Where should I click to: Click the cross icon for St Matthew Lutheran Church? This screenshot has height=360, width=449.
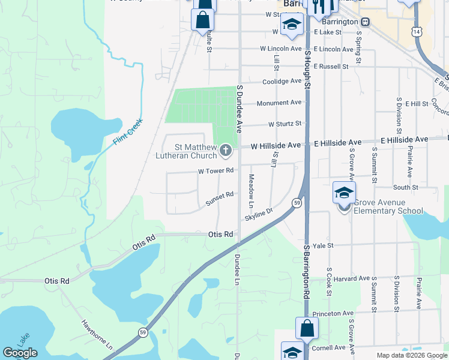pyautogui.click(x=226, y=151)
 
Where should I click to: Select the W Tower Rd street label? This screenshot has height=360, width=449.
pyautogui.click(x=215, y=171)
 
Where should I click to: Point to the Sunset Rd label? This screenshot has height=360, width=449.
pyautogui.click(x=219, y=198)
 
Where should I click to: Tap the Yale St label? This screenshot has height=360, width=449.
pyautogui.click(x=322, y=245)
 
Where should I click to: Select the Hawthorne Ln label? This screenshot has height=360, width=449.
pyautogui.click(x=97, y=335)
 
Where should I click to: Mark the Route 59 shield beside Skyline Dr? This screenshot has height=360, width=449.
pyautogui.click(x=297, y=203)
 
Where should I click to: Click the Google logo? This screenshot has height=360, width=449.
pyautogui.click(x=20, y=353)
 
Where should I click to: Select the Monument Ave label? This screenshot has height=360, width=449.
pyautogui.click(x=279, y=103)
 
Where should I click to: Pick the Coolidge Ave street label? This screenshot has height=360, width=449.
pyautogui.click(x=282, y=81)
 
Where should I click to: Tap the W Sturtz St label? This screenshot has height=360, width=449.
pyautogui.click(x=285, y=125)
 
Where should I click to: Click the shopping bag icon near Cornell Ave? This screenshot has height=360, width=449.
pyautogui.click(x=307, y=329)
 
